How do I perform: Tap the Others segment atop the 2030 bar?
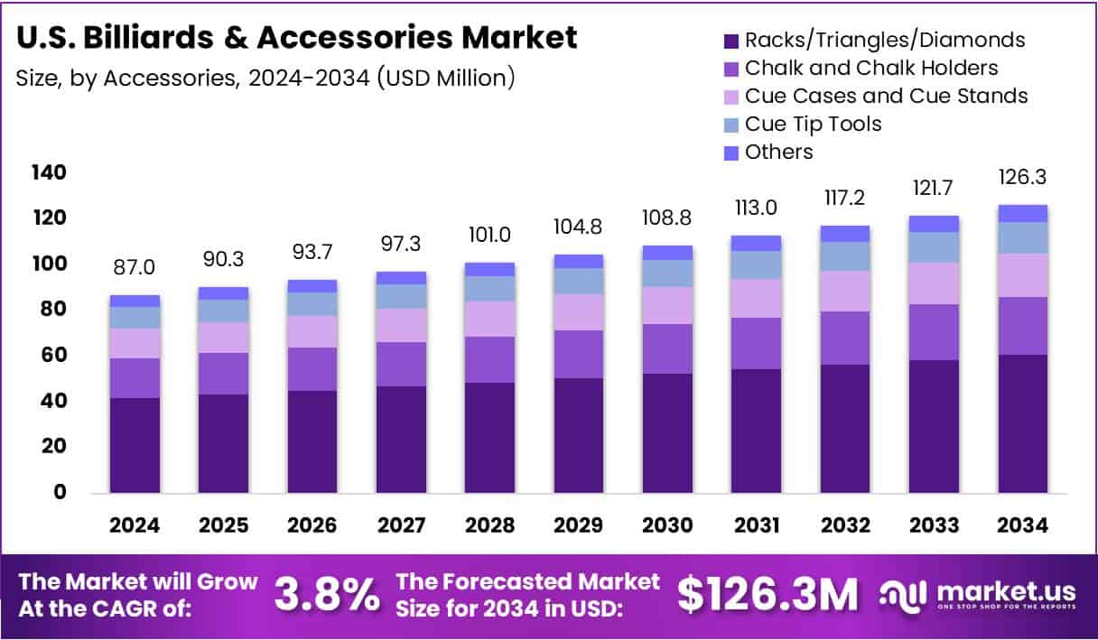667,253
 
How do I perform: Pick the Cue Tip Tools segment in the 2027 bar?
401,296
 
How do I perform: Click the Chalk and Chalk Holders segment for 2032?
845,338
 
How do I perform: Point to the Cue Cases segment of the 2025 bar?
223,338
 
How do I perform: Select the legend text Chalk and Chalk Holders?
871,68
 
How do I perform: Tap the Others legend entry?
778,152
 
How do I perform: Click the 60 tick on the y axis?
53,355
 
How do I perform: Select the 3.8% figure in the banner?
326,595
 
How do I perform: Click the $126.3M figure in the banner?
768,595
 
